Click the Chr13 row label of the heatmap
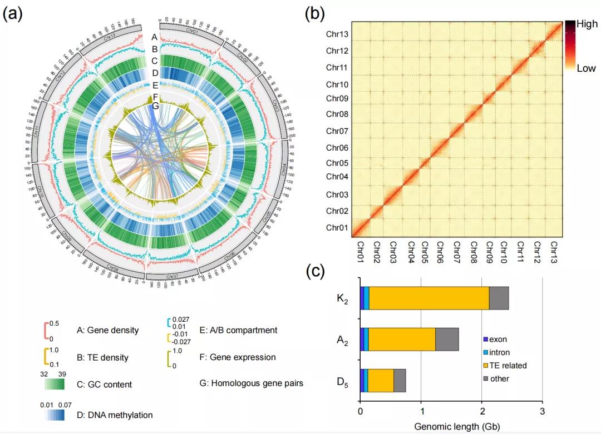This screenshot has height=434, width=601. (337, 34)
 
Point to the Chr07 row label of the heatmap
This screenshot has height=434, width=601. (337, 132)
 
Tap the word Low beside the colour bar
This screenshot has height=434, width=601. (586, 68)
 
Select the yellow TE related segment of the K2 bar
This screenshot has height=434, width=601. (429, 298)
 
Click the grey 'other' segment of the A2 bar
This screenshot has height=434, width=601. (447, 339)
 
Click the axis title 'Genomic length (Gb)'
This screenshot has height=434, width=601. (451, 427)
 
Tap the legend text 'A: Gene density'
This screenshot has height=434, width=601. (107, 330)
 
